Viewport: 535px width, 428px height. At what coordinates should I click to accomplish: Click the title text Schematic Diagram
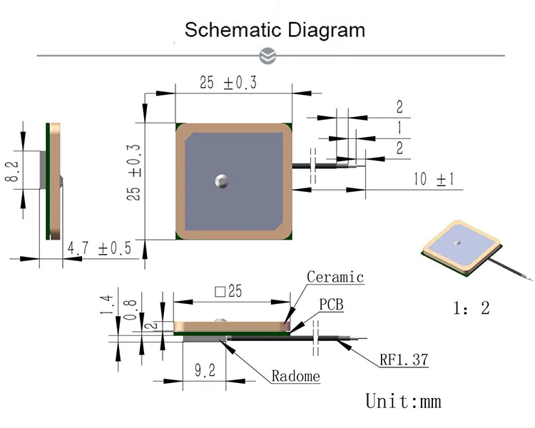click(x=275, y=30)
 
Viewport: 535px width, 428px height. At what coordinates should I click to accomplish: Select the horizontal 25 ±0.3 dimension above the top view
click(x=228, y=83)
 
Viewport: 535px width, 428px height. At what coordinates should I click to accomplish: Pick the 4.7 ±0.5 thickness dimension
click(x=99, y=248)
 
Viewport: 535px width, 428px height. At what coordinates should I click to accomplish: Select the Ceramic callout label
click(x=335, y=277)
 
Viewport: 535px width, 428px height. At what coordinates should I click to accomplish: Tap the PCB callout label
click(x=331, y=305)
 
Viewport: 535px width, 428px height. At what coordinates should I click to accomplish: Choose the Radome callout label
click(x=295, y=376)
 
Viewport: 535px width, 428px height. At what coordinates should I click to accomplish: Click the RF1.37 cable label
click(x=404, y=360)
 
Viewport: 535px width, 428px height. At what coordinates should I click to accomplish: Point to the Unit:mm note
click(x=403, y=401)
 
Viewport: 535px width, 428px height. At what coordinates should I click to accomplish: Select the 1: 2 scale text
click(x=472, y=308)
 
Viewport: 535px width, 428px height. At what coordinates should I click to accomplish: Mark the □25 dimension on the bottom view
click(x=228, y=292)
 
